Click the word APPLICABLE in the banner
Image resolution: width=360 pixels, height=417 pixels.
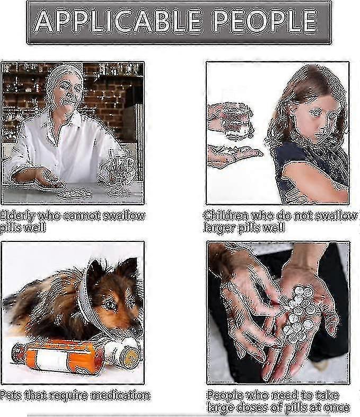point(117,21)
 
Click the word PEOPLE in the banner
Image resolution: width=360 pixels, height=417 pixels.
point(266,21)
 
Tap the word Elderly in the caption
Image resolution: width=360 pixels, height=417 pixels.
point(17,216)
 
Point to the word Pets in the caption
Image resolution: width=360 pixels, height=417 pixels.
point(11,395)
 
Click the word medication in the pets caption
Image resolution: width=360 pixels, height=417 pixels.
point(121,395)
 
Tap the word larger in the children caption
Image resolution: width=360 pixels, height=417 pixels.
point(219,228)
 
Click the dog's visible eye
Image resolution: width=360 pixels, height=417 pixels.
point(110,305)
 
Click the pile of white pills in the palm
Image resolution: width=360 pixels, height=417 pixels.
point(300,310)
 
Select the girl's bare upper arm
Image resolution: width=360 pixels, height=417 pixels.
point(312,181)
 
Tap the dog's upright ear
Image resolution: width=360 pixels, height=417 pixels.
point(128,271)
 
